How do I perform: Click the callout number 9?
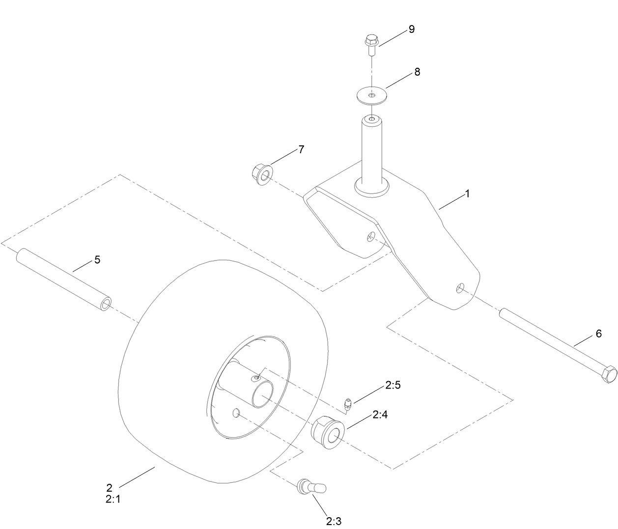tap(412, 29)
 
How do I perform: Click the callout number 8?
tap(417, 72)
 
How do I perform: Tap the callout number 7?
tap(301, 149)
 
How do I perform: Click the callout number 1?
tap(467, 194)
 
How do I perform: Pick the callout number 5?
tap(97, 260)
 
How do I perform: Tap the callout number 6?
tap(598, 334)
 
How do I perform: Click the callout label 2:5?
tap(393, 385)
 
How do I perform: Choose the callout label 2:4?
tap(380, 415)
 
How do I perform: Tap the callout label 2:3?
tap(334, 520)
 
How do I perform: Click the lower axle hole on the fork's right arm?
tap(461, 288)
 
